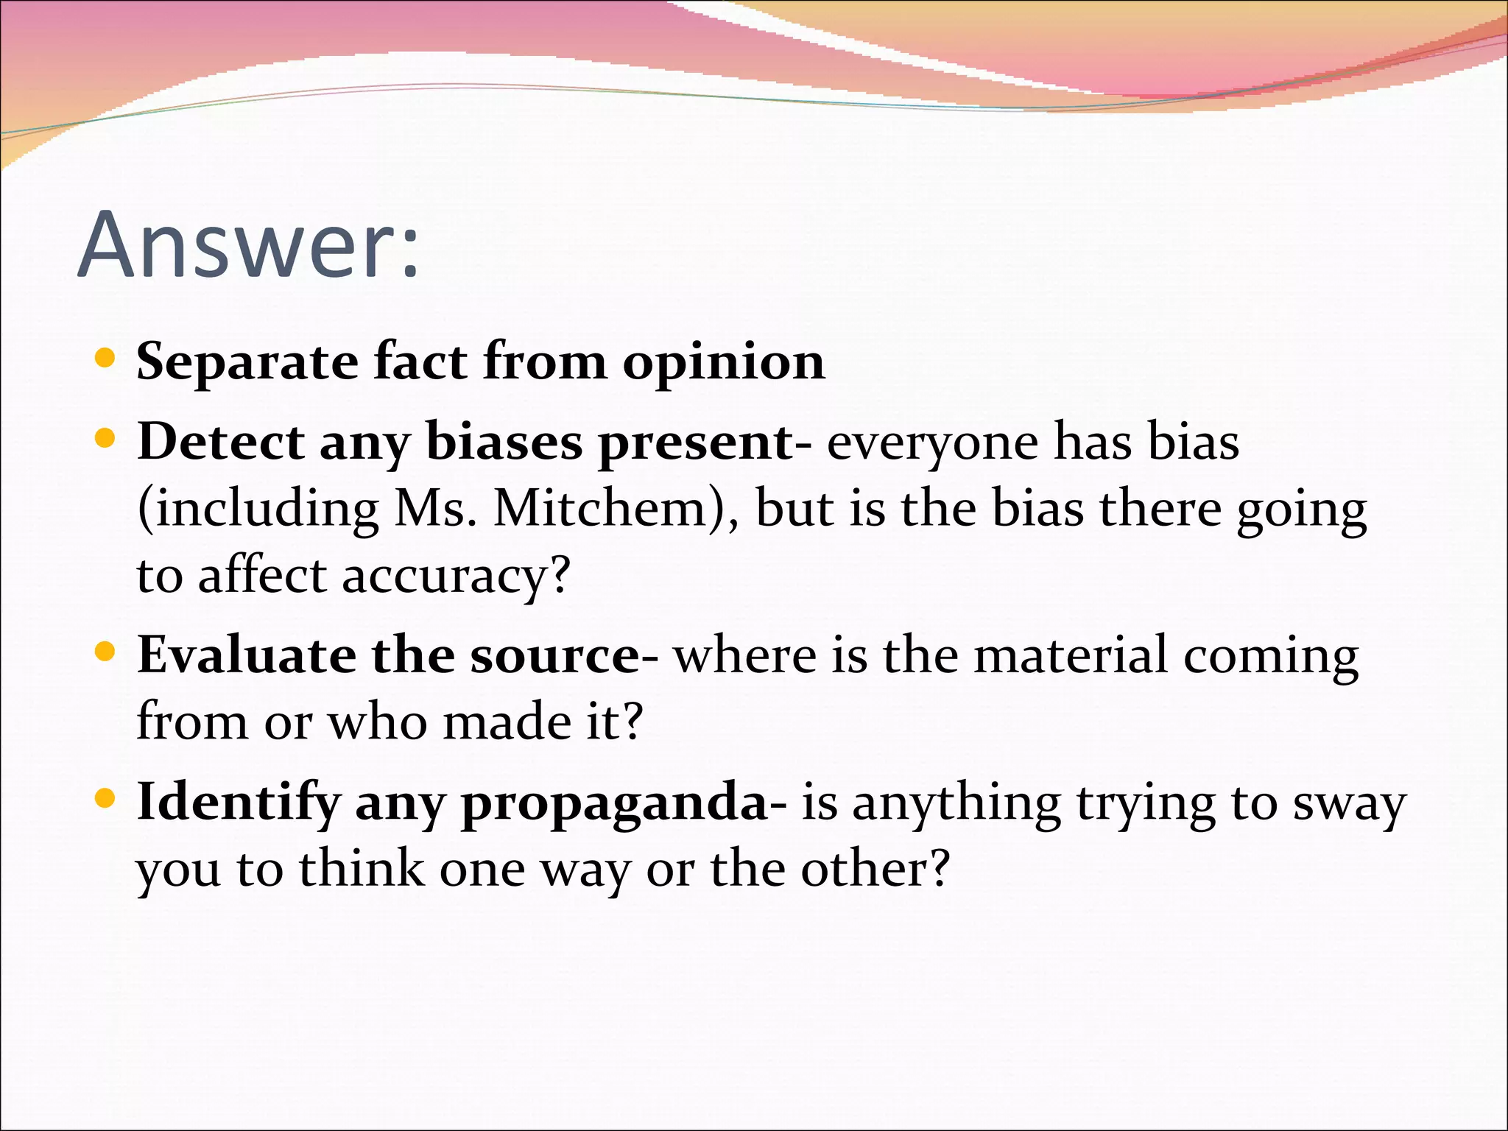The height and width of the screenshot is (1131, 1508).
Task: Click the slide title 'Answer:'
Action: click(x=248, y=245)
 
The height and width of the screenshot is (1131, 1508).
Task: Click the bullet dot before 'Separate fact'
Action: click(x=106, y=359)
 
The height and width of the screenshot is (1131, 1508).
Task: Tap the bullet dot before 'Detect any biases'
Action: click(x=106, y=439)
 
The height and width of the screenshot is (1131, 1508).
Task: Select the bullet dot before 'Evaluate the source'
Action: click(x=106, y=652)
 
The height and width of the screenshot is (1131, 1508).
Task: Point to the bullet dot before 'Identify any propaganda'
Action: click(x=106, y=798)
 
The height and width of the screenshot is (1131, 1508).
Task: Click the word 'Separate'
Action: click(x=247, y=362)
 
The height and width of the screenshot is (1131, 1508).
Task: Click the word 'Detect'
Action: click(x=220, y=442)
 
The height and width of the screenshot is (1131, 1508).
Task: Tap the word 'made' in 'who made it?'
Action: click(x=507, y=722)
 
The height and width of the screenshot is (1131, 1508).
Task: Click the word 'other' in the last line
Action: click(x=865, y=869)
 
